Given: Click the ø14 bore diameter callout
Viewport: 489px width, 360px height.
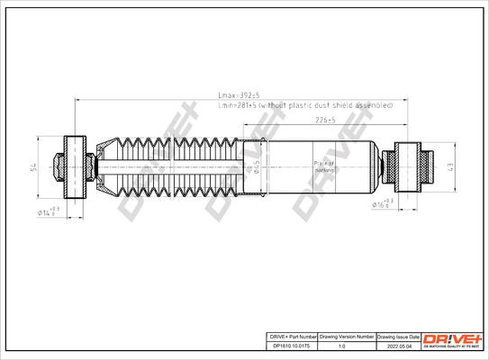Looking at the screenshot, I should [x=49, y=211].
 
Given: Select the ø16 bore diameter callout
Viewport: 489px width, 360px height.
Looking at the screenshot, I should [x=382, y=204].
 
